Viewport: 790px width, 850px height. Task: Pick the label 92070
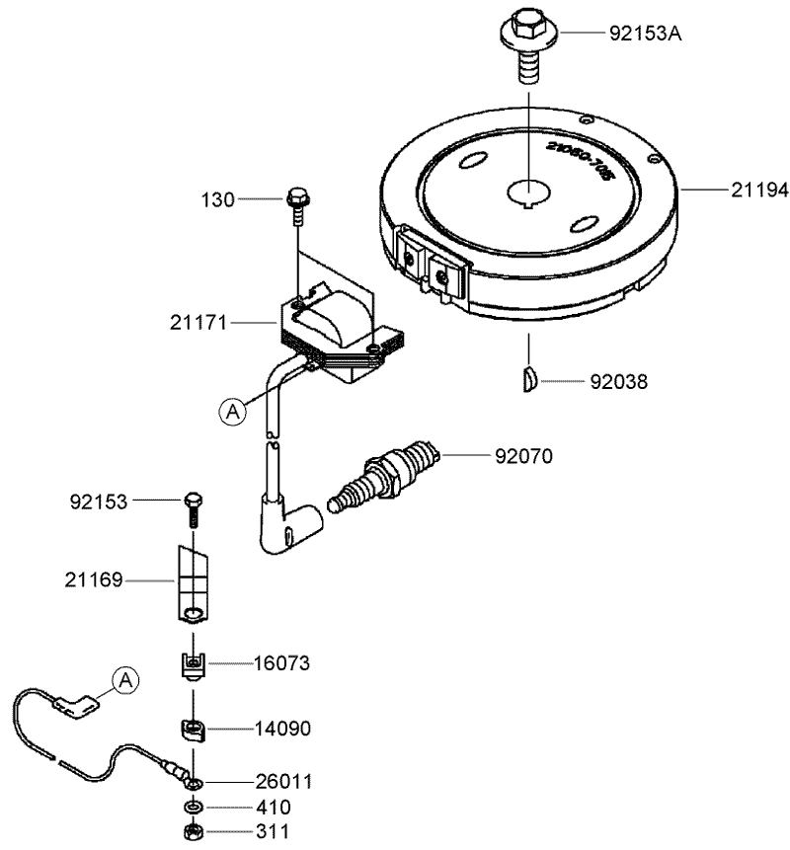coord(523,456)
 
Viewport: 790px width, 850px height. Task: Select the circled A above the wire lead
coord(124,678)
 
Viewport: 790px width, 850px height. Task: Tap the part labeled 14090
coord(195,731)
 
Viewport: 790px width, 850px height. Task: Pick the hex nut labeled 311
coord(194,830)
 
